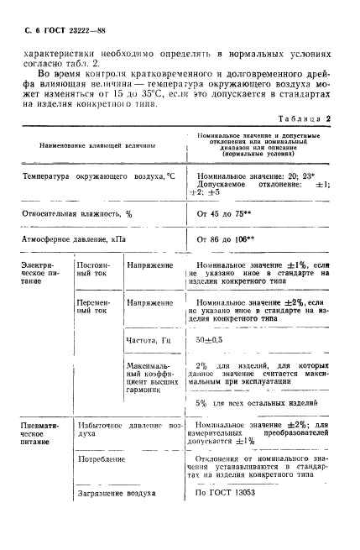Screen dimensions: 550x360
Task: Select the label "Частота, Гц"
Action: click(x=148, y=339)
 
